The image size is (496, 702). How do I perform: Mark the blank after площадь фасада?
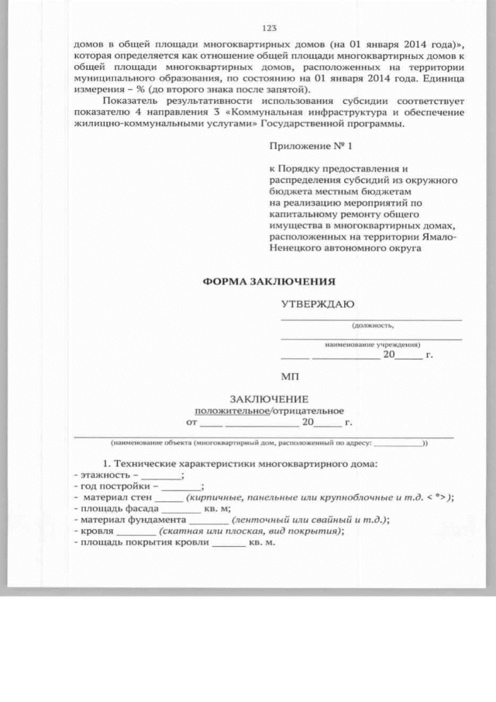click(184, 509)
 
